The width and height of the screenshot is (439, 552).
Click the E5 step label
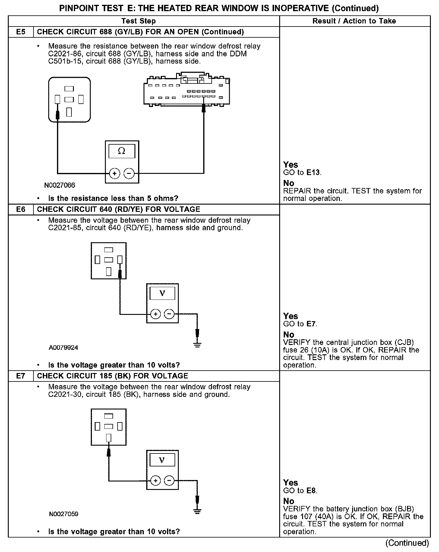point(21,32)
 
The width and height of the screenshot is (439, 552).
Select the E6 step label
point(21,209)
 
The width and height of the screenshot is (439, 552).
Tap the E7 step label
point(21,376)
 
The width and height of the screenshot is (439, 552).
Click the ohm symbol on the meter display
point(122,151)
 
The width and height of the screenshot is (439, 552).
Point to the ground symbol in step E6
point(197,345)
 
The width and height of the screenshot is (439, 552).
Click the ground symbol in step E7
point(197,511)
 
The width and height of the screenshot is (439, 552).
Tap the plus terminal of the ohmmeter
point(115,174)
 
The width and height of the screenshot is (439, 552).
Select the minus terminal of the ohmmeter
point(129,174)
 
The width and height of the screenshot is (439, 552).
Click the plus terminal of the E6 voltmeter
point(156,314)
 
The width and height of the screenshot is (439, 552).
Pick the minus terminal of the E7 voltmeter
point(169,481)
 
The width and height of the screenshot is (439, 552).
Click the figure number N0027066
point(60,185)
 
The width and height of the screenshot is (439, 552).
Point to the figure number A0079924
point(63,348)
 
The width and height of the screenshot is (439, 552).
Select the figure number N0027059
point(64,514)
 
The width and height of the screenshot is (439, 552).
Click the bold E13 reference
point(314,173)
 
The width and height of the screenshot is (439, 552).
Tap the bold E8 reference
point(311,491)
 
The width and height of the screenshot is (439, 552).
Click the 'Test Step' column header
point(138,21)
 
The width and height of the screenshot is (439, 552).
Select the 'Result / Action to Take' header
point(354,21)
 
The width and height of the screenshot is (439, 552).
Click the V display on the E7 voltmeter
point(162,460)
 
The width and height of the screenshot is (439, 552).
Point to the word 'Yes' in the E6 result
point(291,316)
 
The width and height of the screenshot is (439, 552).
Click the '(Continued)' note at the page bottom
point(407,543)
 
